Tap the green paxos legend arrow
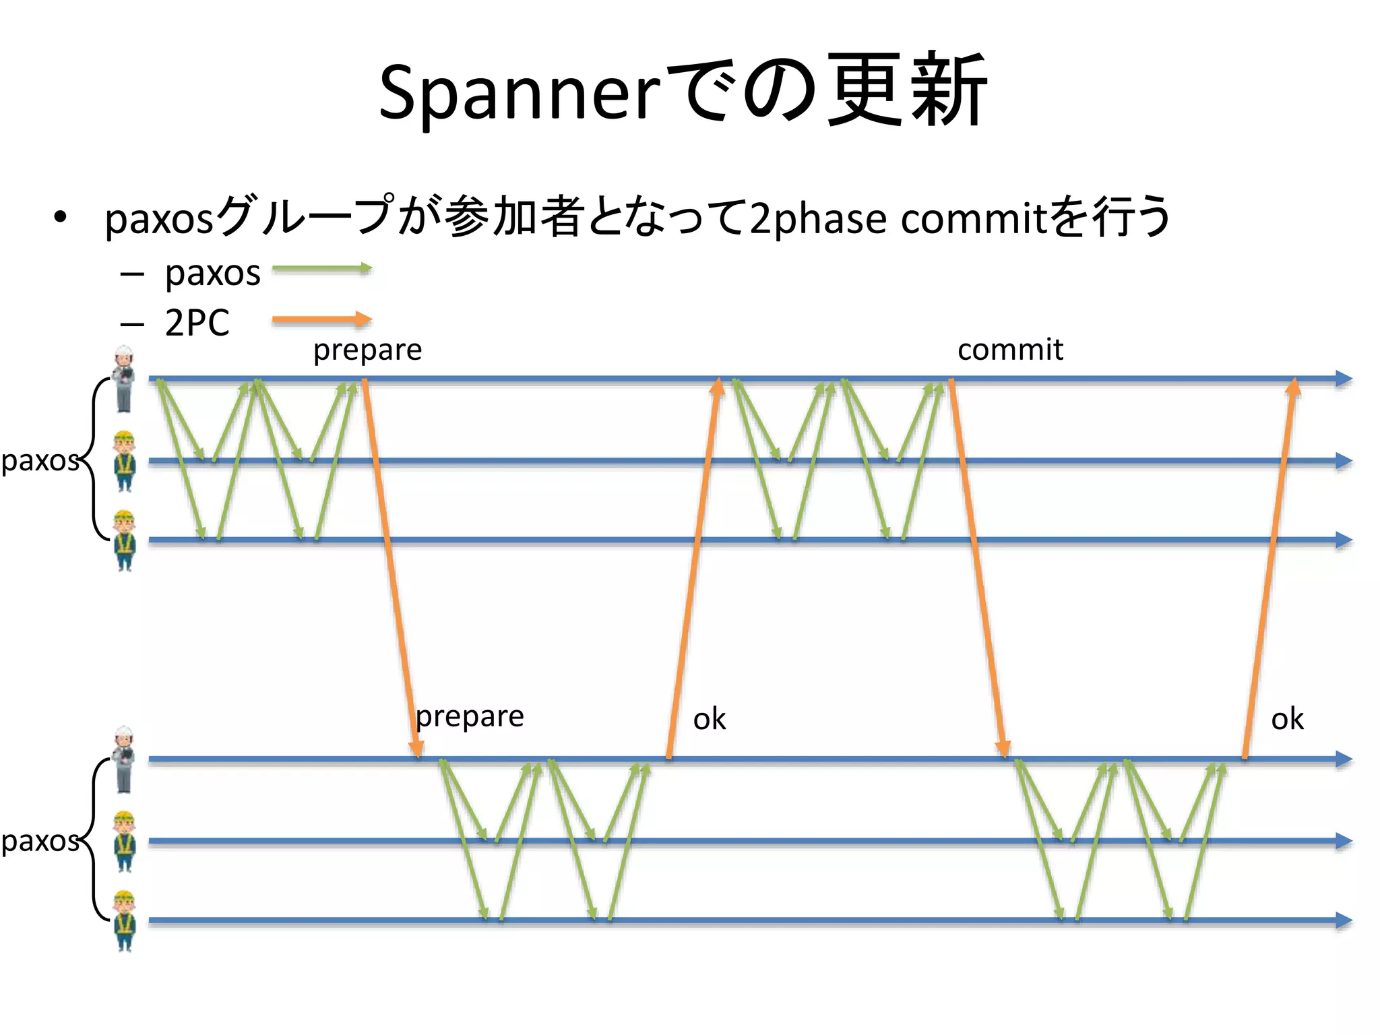click(x=321, y=269)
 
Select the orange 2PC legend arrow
click(x=321, y=319)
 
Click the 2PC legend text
click(x=197, y=323)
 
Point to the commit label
click(x=1009, y=350)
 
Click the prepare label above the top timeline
click(x=367, y=350)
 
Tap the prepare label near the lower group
click(x=470, y=716)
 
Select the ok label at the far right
click(x=1286, y=719)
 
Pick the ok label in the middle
click(x=709, y=719)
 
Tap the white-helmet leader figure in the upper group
click(x=123, y=379)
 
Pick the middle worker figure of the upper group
click(x=125, y=462)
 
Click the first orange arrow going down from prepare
click(x=391, y=569)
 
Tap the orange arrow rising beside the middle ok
click(x=693, y=569)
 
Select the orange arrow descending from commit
click(x=977, y=569)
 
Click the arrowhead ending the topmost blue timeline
click(x=1344, y=379)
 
